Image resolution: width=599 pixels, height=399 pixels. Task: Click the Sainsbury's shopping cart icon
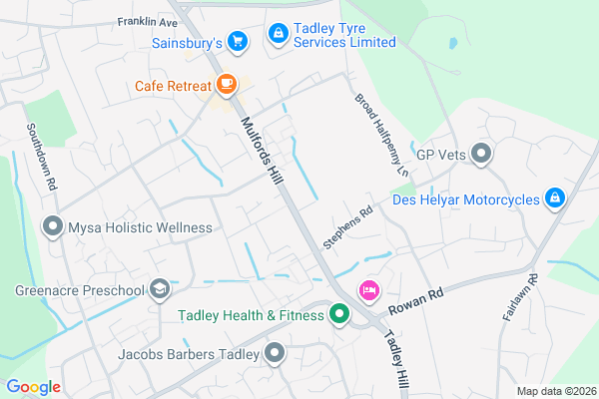(x=237, y=41)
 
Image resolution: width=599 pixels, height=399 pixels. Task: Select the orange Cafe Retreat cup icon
(x=227, y=83)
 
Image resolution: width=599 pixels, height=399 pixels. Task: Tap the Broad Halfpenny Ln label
(x=382, y=137)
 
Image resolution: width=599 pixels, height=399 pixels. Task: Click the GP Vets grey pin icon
(x=482, y=154)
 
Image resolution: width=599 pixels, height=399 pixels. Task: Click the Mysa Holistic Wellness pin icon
(x=52, y=227)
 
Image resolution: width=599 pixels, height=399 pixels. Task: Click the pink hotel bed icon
(x=368, y=290)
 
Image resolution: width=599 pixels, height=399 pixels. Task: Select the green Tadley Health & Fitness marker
(x=338, y=315)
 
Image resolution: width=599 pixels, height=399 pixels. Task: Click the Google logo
(x=33, y=387)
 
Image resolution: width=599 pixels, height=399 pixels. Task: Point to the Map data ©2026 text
(x=555, y=390)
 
